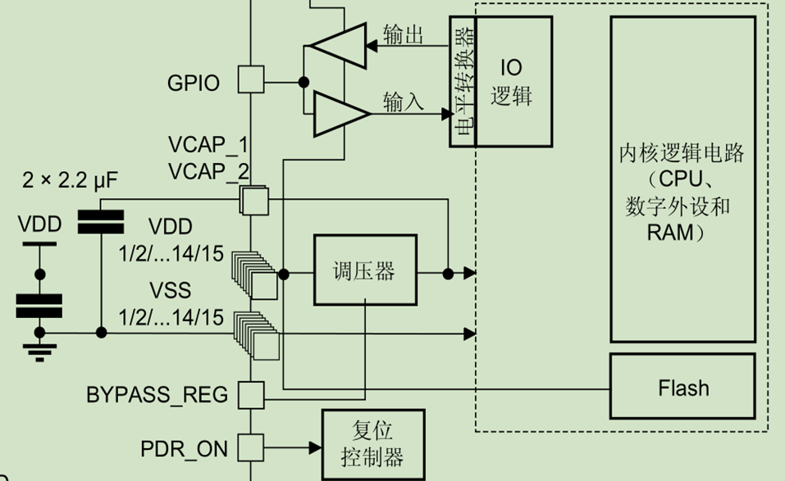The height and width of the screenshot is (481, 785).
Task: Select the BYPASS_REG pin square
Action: [x=251, y=394]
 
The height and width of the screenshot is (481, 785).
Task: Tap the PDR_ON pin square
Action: [x=251, y=447]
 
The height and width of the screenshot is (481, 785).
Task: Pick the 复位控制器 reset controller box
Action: [x=373, y=444]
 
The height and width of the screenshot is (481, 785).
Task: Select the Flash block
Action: [x=682, y=387]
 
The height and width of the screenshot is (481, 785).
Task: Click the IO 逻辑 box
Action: [x=512, y=82]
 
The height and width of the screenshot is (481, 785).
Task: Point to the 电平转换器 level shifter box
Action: [x=462, y=82]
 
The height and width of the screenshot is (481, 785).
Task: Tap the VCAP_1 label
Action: [x=208, y=146]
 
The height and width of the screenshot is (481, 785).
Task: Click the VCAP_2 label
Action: [x=208, y=171]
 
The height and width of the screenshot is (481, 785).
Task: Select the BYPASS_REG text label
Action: [x=157, y=395]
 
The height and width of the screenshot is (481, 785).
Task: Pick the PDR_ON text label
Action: [x=184, y=448]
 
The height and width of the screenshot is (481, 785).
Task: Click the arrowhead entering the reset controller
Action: [x=315, y=447]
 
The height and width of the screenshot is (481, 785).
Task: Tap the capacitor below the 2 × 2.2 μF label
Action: [x=100, y=221]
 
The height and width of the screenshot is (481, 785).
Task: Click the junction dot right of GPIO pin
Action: [x=303, y=80]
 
